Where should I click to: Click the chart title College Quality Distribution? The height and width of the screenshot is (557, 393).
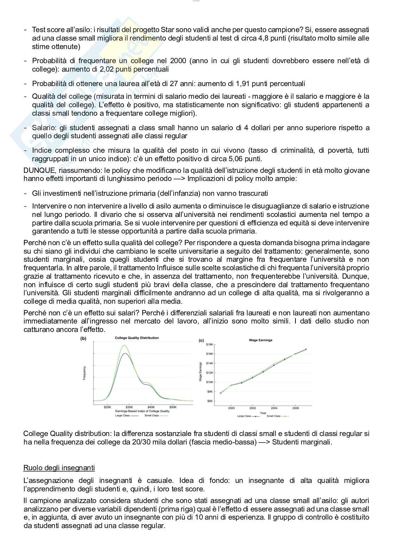click(x=137, y=338)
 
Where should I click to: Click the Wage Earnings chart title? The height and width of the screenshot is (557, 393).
click(x=261, y=340)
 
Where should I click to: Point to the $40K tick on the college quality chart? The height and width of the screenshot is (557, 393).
click(x=151, y=407)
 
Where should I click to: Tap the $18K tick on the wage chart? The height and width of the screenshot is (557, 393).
click(x=210, y=344)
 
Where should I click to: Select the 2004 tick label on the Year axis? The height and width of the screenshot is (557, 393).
click(x=274, y=408)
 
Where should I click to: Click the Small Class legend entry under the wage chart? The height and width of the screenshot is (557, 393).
click(x=274, y=416)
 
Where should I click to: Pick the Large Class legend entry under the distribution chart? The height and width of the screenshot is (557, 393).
click(x=123, y=416)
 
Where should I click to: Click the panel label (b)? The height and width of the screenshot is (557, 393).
click(x=84, y=338)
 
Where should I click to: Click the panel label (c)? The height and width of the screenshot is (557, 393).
click(x=201, y=340)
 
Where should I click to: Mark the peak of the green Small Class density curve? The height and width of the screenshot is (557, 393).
click(x=124, y=345)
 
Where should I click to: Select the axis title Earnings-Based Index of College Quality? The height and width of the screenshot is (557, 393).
click(x=142, y=411)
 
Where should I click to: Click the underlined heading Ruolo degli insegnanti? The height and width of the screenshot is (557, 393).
click(x=59, y=468)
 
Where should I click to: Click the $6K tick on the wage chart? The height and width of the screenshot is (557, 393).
click(x=210, y=401)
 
